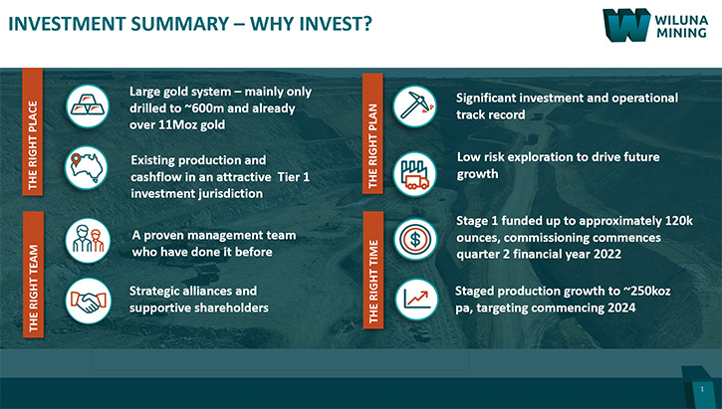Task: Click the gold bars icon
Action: point(88,106)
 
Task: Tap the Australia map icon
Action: point(86,168)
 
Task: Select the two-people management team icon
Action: point(88,241)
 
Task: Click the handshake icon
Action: point(88,301)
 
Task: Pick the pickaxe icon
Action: point(415,106)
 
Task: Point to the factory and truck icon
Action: point(415,174)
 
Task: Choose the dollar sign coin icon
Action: point(415,239)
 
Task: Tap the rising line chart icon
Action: point(416,300)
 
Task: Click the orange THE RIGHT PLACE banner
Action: point(32,131)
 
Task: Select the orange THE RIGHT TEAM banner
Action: point(33,275)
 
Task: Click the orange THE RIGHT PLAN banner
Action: point(372,133)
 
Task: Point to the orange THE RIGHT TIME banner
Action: point(373,270)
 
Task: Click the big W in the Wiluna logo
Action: point(626,25)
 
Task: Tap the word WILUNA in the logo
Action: point(681,20)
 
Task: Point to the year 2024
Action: point(621,307)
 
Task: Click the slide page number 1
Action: point(702,389)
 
